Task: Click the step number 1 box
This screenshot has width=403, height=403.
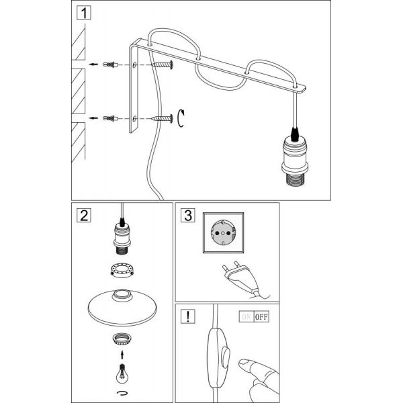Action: [x=82, y=13]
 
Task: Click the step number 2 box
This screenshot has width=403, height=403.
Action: [x=82, y=215]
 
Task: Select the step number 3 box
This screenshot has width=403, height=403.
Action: [x=188, y=215]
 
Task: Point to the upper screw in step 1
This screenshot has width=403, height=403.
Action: [x=162, y=65]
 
